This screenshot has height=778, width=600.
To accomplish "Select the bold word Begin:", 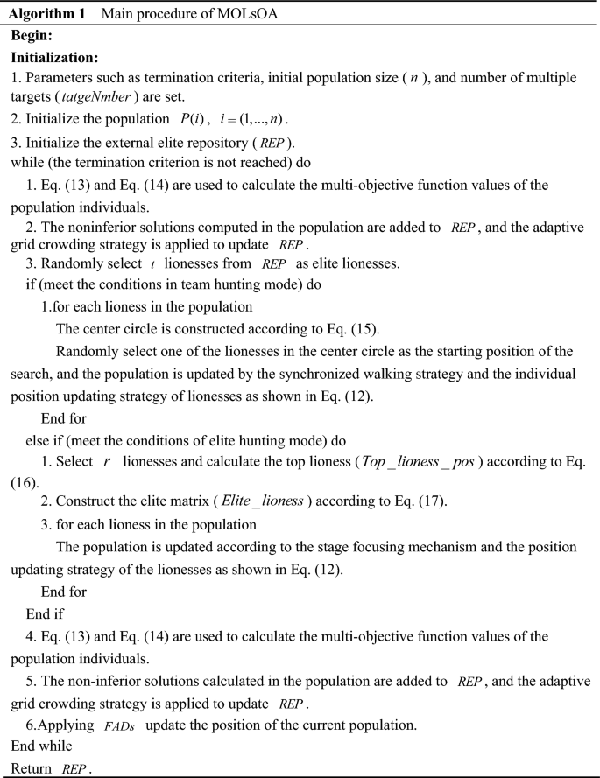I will pos(32,36).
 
